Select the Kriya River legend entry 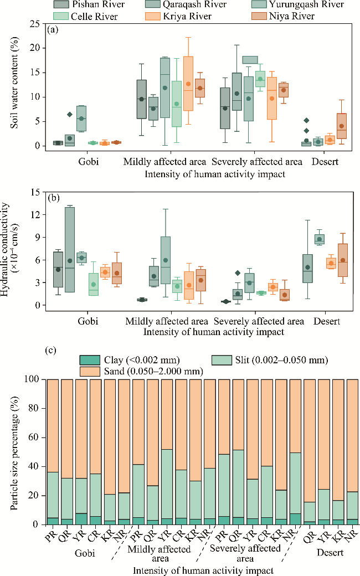[x=187, y=16]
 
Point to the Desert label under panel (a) [x=325, y=162]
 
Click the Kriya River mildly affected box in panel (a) [x=188, y=91]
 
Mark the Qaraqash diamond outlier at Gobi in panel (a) [x=70, y=115]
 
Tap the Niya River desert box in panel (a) [x=342, y=126]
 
